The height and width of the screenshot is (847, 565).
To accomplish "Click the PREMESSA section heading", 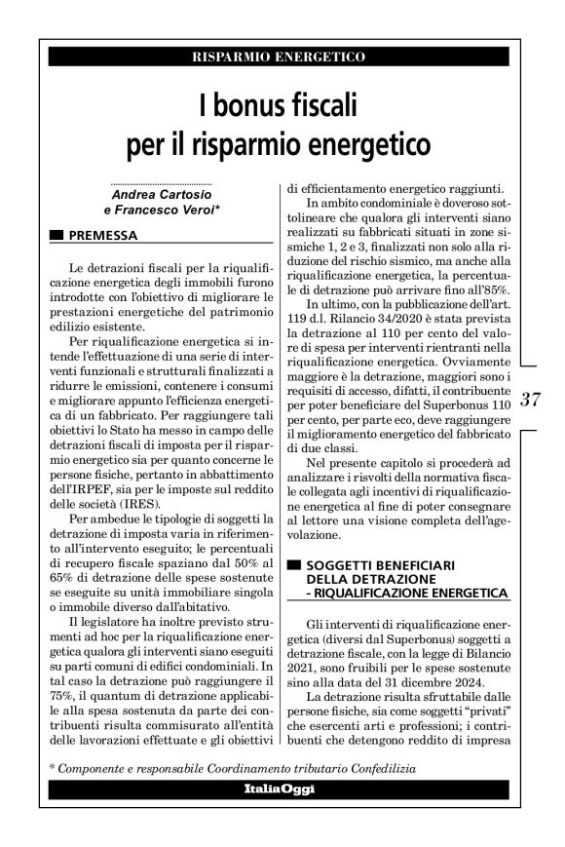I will coord(103,235).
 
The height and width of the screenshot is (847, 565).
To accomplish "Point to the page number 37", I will coord(531,398).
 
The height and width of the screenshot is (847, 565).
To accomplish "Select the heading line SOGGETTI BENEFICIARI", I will coord(375,564).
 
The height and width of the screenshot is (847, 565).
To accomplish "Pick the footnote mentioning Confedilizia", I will coord(234,769).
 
